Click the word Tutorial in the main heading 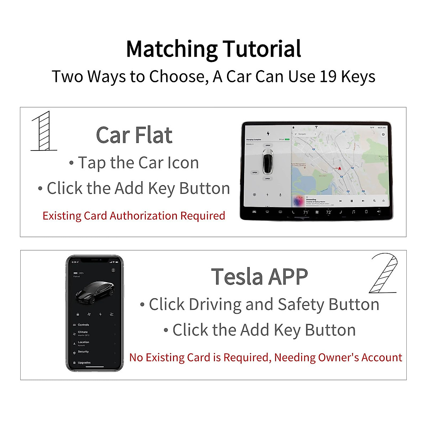[x=262, y=49]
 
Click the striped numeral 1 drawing [x=44, y=131]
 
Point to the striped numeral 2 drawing [x=384, y=273]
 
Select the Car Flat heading [x=134, y=135]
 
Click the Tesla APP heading [x=259, y=277]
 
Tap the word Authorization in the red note [x=144, y=216]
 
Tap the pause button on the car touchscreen [x=352, y=201]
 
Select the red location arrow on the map [x=339, y=168]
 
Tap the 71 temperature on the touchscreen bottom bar [x=306, y=212]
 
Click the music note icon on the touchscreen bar [x=353, y=212]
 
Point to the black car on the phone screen [x=95, y=292]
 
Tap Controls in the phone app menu [x=83, y=325]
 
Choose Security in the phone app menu [x=83, y=352]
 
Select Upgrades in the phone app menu [x=84, y=363]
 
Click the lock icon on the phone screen [x=78, y=315]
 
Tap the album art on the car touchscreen [x=298, y=201]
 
